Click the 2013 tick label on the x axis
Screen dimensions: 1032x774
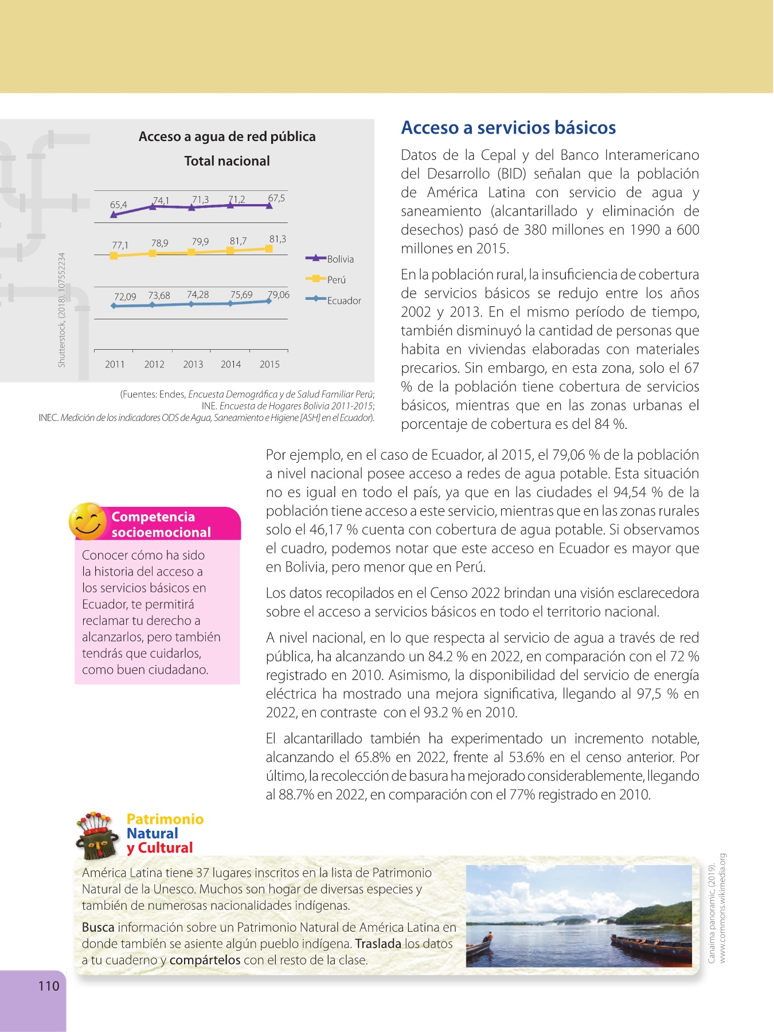[x=193, y=365]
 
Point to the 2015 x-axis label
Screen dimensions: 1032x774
[x=269, y=365]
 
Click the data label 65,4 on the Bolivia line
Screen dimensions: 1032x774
[x=119, y=205]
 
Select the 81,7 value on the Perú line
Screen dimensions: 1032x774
[x=239, y=241]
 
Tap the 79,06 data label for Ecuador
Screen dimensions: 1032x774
[x=279, y=295]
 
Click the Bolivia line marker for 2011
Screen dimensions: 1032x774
[x=114, y=215]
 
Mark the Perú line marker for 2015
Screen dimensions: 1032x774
[x=269, y=248]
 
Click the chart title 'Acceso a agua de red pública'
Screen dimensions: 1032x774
[x=227, y=136]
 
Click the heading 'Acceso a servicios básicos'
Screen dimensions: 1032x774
[x=509, y=128]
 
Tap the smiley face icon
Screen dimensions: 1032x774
[x=87, y=521]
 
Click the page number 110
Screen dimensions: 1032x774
[x=49, y=986]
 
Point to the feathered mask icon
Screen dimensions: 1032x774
[x=96, y=836]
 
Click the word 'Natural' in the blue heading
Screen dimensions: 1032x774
[x=153, y=834]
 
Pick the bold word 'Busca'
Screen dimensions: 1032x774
[x=98, y=928]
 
